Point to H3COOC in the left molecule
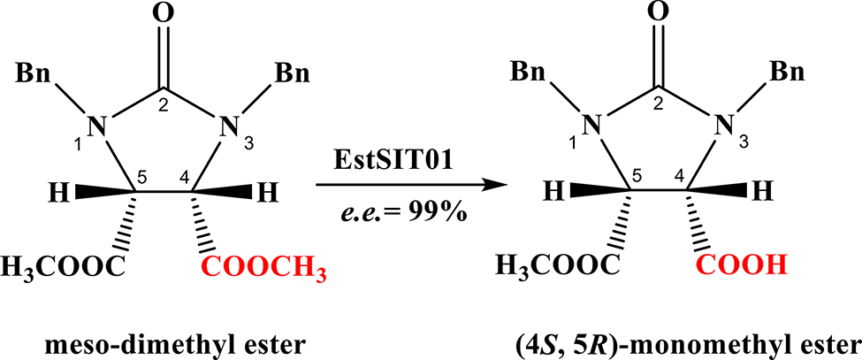(63, 265)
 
